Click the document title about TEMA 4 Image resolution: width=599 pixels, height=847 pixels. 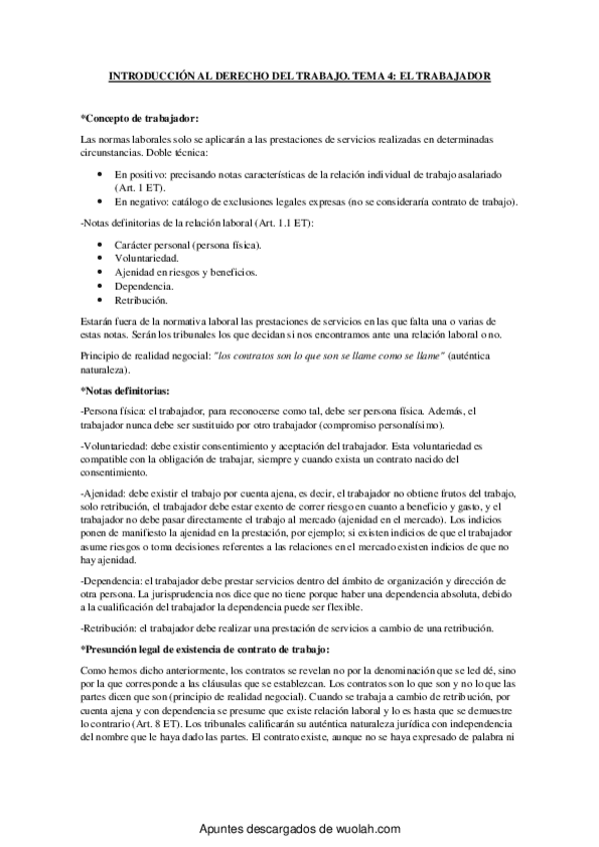[x=300, y=76]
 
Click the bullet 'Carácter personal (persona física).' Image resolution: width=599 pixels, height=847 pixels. [x=188, y=244]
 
